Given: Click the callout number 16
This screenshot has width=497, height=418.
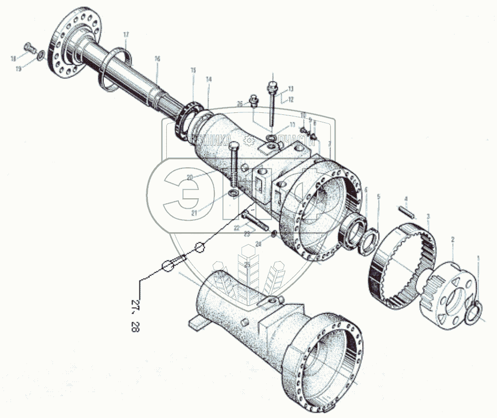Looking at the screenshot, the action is click(x=157, y=59).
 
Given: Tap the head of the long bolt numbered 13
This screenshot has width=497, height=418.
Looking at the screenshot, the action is click(x=273, y=86).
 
